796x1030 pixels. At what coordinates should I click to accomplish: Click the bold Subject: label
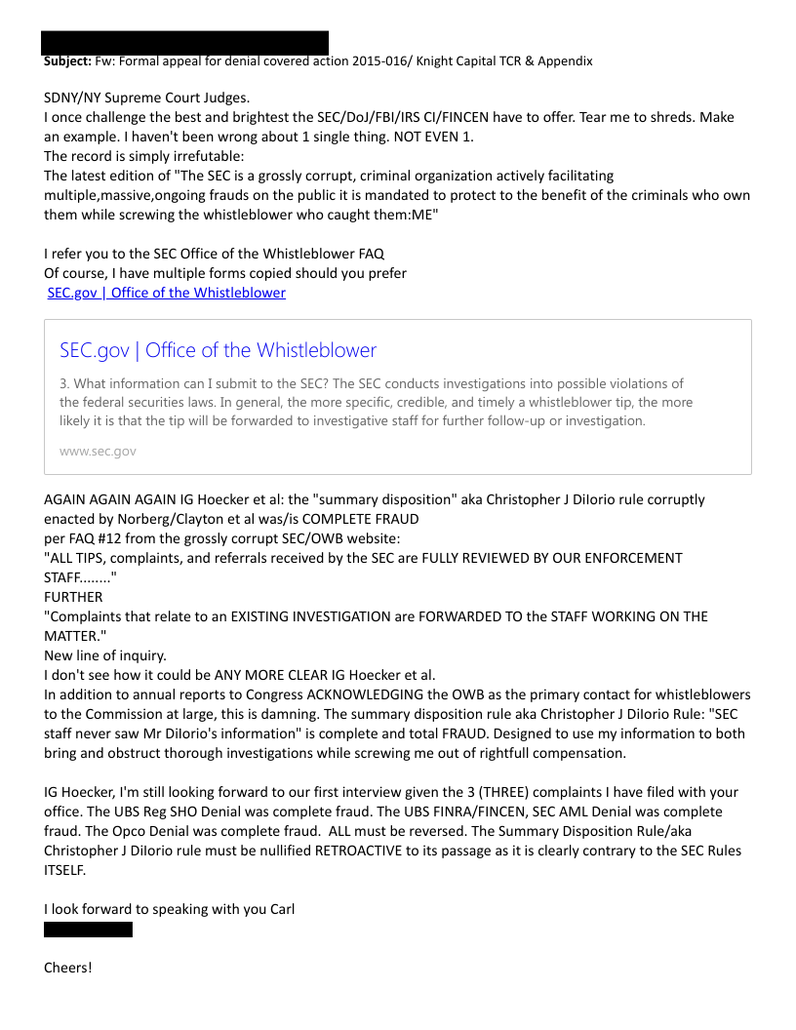(67, 60)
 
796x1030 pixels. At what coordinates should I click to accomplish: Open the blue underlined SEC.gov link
(166, 293)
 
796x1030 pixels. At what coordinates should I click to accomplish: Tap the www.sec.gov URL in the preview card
(98, 451)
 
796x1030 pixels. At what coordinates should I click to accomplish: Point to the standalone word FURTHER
(73, 597)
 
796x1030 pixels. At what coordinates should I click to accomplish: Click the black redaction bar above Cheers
(88, 930)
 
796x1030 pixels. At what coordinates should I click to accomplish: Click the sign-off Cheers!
(68, 968)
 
